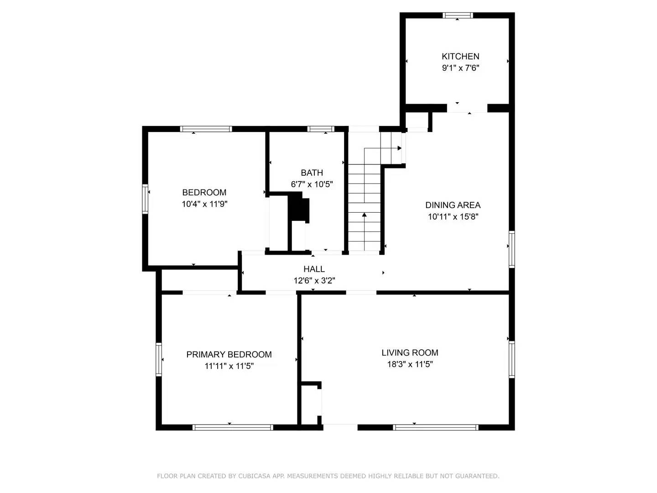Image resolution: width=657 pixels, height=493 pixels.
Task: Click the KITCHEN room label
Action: point(460,57)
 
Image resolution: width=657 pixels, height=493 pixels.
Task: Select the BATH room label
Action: point(312,173)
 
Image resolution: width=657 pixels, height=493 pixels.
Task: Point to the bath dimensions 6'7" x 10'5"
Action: point(312,184)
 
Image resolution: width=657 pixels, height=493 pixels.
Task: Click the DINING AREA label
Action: point(453,205)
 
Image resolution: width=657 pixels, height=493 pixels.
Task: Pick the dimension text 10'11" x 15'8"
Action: point(453,217)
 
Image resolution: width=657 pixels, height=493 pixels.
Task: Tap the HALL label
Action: point(314,269)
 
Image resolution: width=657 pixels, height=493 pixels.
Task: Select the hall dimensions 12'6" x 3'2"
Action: point(314,281)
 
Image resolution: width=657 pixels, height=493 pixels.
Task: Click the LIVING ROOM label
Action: point(410,353)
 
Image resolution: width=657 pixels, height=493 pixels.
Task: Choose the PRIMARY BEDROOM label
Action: point(229,355)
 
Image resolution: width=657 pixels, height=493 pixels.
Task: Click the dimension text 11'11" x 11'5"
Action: point(229,366)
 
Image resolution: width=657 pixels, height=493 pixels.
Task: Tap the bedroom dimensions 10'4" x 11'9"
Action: point(204,204)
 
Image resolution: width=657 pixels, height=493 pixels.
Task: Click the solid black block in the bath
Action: point(299,208)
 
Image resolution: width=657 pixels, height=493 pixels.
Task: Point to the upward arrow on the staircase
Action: point(364,214)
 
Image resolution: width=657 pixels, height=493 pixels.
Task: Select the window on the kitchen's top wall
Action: point(458,16)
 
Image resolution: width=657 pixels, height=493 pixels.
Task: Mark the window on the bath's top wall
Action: point(321,129)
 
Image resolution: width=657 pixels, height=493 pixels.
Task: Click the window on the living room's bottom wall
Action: point(435,428)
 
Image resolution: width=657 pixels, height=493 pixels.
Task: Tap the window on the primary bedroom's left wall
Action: point(159,359)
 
